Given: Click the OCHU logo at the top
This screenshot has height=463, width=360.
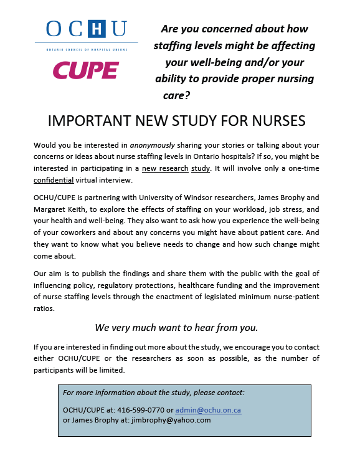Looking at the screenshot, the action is (87, 29).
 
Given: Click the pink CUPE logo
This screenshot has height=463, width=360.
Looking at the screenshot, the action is (86, 70).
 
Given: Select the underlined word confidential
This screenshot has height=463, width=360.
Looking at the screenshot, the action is (53, 180).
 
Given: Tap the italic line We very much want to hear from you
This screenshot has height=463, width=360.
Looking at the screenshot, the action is (176, 327).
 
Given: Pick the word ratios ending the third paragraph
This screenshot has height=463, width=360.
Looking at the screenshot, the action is (45, 308).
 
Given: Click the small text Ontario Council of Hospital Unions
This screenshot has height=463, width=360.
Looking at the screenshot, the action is (87, 47).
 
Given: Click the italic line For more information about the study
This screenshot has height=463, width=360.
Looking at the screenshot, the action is (154, 393).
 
